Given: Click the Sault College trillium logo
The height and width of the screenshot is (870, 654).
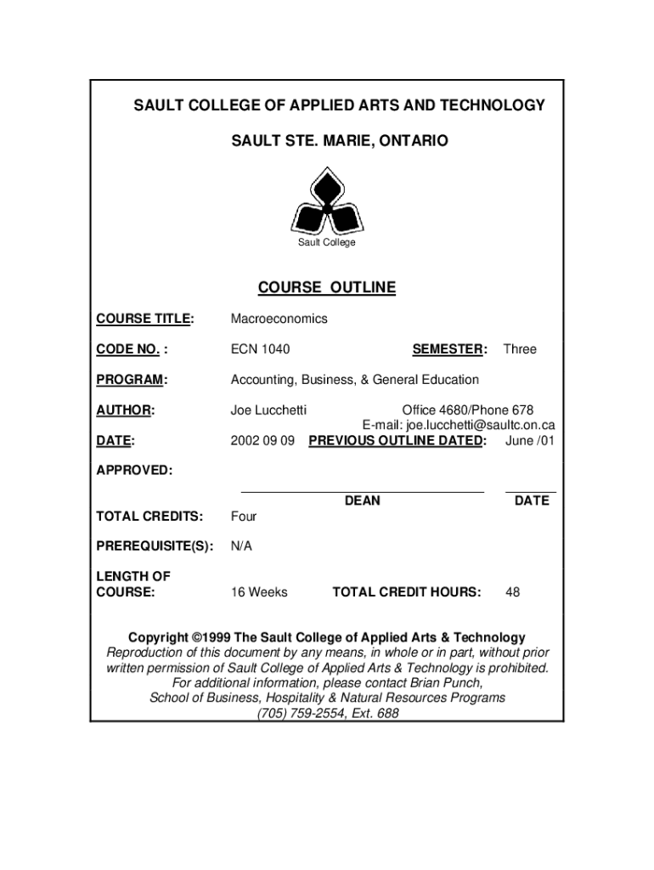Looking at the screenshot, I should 326,202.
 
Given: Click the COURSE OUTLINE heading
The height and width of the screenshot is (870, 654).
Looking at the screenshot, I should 327,288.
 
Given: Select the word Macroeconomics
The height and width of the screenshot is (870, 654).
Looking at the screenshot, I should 279,319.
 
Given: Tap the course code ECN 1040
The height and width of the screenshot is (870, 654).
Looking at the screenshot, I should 260,349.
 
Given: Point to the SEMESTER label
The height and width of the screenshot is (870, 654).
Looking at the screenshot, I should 448,349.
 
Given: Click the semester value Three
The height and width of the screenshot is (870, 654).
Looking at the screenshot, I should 520,349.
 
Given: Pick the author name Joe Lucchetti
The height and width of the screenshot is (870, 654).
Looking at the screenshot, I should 268,410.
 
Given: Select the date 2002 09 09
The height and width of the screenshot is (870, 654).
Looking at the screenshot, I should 262,441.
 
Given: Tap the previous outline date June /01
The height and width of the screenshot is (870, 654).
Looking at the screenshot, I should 530,441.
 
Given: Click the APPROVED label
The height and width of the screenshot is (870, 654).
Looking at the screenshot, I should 133,470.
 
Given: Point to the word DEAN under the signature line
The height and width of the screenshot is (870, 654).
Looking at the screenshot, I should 363,501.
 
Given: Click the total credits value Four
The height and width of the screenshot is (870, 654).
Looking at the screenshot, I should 244,517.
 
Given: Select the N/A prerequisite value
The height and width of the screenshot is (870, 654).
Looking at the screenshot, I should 241,546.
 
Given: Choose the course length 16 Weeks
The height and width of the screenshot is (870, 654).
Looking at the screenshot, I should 259,592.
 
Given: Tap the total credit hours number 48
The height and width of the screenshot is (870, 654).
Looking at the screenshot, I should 513,592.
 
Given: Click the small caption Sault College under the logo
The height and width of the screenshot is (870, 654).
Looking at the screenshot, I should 326,243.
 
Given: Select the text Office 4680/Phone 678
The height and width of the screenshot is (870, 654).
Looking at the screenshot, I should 468,410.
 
